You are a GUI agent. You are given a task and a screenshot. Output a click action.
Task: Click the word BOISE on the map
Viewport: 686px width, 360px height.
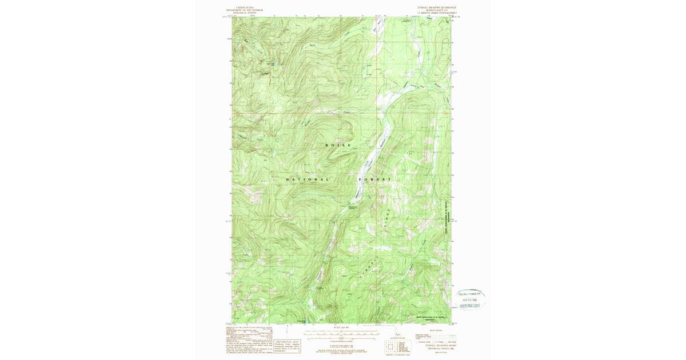coord(338,145)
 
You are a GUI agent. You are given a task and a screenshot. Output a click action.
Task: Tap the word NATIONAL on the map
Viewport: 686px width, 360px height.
coord(308,179)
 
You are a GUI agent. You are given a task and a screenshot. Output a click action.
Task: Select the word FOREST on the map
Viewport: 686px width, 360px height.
coord(375,179)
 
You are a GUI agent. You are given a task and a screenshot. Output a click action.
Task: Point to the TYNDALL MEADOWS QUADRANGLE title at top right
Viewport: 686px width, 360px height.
coord(437,8)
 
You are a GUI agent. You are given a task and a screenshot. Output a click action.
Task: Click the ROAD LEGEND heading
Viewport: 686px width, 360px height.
coord(436,330)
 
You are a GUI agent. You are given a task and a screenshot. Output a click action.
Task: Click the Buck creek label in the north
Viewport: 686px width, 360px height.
coord(312,45)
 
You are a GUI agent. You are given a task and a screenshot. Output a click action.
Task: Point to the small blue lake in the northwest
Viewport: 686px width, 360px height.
coord(272,64)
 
